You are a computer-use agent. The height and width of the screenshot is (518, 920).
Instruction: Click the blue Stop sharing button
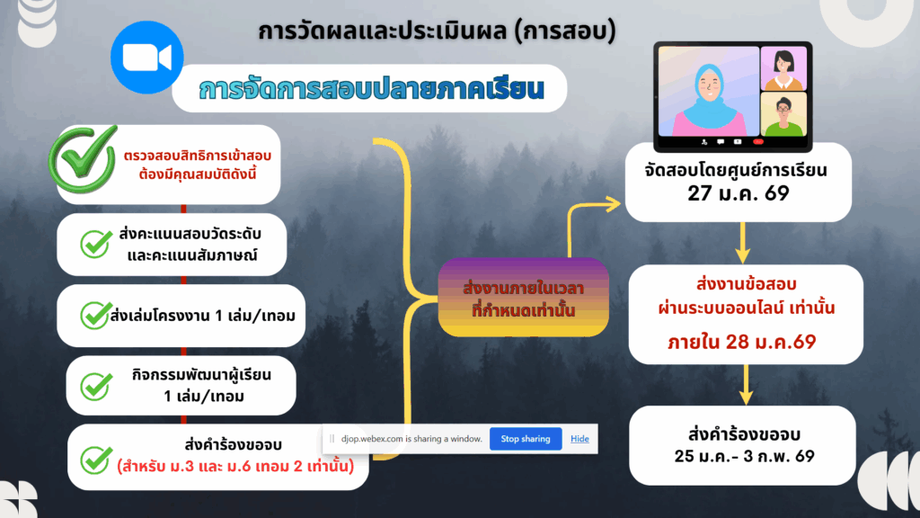coord(526,439)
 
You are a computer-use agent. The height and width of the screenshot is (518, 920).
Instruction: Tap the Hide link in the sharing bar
coord(579,439)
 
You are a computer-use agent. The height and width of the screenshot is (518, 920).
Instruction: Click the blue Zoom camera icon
coord(146,58)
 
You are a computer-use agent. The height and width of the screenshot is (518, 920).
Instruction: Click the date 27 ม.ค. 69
coord(739,193)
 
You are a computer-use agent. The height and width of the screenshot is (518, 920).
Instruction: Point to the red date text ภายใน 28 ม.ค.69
coord(741,342)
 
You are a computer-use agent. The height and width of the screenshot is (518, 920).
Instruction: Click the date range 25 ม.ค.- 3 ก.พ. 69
coord(744,456)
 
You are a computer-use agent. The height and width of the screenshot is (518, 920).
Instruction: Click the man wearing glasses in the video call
coord(783,115)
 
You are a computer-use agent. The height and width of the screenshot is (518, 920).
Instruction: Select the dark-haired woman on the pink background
coord(783,69)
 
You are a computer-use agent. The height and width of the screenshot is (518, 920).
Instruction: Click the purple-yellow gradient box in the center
coord(524,297)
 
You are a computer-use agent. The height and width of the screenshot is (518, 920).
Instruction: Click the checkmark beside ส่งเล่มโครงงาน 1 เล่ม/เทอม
coord(95,315)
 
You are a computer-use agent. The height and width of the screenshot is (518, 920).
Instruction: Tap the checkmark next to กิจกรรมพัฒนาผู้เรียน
coord(96,387)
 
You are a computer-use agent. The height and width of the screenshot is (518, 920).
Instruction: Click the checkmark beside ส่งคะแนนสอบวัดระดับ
coord(95,244)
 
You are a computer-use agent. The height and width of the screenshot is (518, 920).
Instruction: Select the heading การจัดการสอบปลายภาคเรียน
coord(372,89)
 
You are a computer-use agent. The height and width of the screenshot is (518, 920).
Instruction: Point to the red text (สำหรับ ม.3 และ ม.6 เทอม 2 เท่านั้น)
coord(236,467)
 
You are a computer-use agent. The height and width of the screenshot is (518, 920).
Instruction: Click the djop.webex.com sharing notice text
coord(411,439)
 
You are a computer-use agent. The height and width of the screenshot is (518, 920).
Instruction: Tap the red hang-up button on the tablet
coord(758,141)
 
